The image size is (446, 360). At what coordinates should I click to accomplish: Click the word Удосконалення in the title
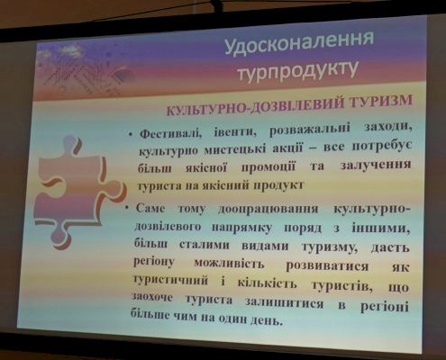[299, 43]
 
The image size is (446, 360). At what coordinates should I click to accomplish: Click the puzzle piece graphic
[78, 193]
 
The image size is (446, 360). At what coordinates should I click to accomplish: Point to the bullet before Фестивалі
[131, 135]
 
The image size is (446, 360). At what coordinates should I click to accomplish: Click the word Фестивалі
[170, 133]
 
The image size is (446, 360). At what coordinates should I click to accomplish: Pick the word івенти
[233, 131]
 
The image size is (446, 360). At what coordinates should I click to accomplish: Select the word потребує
[381, 147]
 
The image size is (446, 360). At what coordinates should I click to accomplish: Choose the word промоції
[269, 166]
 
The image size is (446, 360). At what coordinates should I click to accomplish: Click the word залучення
[376, 165]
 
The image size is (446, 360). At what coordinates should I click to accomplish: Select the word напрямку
[242, 228]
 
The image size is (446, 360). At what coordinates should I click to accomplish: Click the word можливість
[229, 264]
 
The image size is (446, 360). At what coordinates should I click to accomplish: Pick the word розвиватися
[327, 265]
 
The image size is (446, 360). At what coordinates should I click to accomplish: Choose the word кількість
[267, 283]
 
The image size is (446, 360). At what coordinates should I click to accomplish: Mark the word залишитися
[284, 302]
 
